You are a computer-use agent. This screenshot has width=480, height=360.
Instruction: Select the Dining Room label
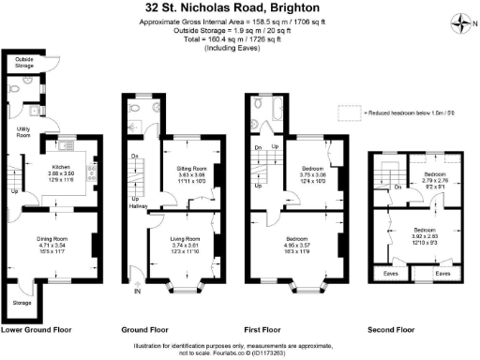pyautogui.click(x=52, y=239)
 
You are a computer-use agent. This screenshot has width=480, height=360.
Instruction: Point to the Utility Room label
pyautogui.click(x=24, y=131)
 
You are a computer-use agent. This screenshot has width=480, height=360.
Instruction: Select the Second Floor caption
pyautogui.click(x=391, y=330)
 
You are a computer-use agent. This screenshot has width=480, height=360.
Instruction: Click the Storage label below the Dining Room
pyautogui.click(x=22, y=303)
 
